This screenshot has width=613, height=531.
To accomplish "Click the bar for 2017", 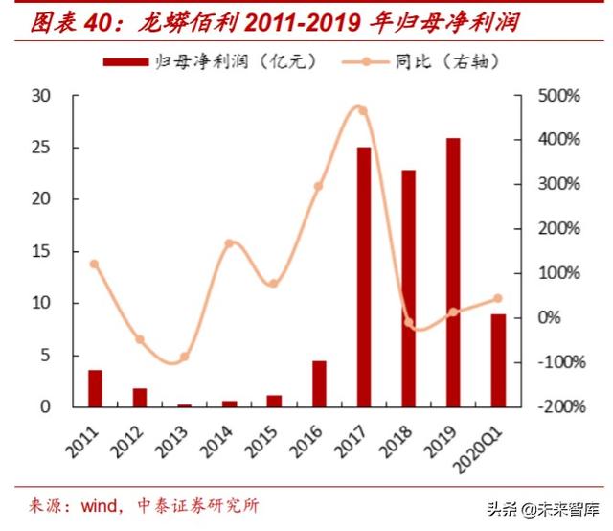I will point(363,277).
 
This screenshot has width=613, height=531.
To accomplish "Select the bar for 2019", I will point(453,272).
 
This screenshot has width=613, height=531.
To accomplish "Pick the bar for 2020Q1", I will point(498,360).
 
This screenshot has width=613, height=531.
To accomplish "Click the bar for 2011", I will point(95,388).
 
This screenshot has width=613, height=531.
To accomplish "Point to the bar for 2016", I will point(319,383).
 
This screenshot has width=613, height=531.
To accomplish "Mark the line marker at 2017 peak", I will point(362,110).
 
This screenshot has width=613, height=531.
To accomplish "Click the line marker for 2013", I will point(185,357).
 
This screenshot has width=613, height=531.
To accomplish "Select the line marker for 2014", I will point(230,243).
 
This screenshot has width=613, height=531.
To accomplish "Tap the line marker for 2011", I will point(94,264).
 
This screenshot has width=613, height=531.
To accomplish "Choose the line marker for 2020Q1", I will point(497,299).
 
